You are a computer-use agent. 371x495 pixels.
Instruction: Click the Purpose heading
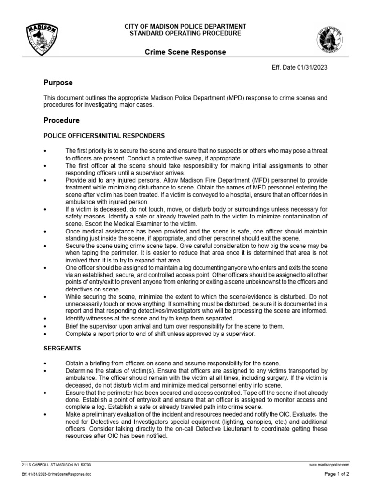[58, 83]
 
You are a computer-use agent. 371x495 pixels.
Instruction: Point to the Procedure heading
[61, 120]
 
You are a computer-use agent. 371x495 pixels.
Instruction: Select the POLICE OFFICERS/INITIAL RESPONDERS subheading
[104, 135]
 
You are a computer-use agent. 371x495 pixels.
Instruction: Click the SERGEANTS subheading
[63, 348]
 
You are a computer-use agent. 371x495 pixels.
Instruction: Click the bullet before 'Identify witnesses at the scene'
[45, 319]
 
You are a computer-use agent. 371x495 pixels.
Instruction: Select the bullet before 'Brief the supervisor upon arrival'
[45, 326]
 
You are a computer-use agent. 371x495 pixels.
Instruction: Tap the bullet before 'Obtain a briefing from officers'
[45, 364]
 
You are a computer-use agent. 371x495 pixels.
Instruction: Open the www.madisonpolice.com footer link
[329, 464]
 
